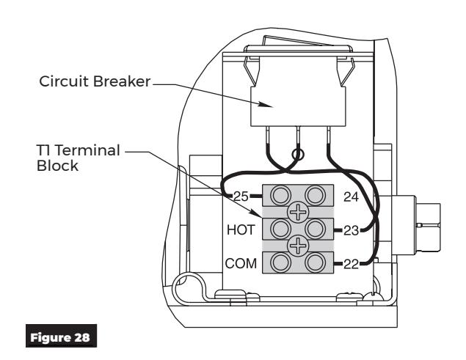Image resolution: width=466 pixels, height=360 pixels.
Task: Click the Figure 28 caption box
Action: pyautogui.click(x=61, y=336)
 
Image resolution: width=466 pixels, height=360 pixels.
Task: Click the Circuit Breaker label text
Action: pyautogui.click(x=95, y=81)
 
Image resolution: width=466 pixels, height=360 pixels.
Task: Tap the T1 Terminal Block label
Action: pyautogui.click(x=78, y=158)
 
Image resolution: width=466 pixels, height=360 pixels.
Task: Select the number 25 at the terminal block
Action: pyautogui.click(x=241, y=196)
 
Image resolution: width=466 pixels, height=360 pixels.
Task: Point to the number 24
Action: pyautogui.click(x=351, y=196)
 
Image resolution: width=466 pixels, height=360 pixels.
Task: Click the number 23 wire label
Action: pyautogui.click(x=351, y=230)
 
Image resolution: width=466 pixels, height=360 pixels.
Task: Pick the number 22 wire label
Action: pyautogui.click(x=351, y=264)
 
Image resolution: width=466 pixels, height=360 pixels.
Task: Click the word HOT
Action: pyautogui.click(x=241, y=230)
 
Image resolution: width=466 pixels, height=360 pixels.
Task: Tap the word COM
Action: pyautogui.click(x=241, y=263)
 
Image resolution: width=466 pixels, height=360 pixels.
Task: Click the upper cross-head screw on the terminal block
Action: pyautogui.click(x=298, y=212)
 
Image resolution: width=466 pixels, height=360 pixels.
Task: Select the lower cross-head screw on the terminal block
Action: pyautogui.click(x=298, y=246)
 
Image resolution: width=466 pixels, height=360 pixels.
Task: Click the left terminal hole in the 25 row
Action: pyautogui.click(x=280, y=196)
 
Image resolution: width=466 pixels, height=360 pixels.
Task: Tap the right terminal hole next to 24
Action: pyautogui.click(x=315, y=196)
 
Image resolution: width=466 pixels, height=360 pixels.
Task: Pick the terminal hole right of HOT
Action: pyautogui.click(x=280, y=229)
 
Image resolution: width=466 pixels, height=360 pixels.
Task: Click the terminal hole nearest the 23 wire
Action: pyautogui.click(x=315, y=229)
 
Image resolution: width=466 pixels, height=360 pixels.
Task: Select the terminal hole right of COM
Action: pyautogui.click(x=280, y=262)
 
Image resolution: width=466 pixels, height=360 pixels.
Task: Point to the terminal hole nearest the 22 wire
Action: pyautogui.click(x=315, y=262)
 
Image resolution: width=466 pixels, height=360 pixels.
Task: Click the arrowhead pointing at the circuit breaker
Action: pyautogui.click(x=266, y=105)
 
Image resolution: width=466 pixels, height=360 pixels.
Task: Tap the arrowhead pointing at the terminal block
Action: pyautogui.click(x=256, y=213)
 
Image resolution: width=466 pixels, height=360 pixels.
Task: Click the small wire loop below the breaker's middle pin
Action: pyautogui.click(x=298, y=154)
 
